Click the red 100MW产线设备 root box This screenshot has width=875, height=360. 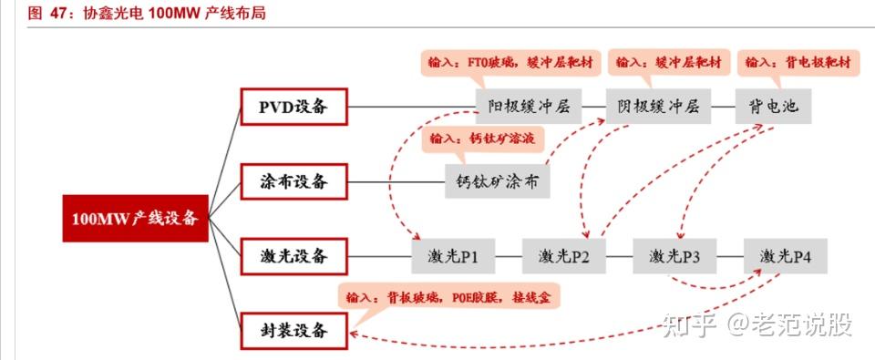pyautogui.click(x=135, y=218)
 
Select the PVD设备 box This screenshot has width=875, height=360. pyautogui.click(x=294, y=108)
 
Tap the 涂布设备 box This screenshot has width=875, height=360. pyautogui.click(x=294, y=181)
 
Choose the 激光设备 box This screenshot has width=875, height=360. pyautogui.click(x=294, y=255)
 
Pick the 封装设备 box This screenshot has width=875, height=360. pyautogui.click(x=294, y=330)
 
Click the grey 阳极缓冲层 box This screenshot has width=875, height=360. pyautogui.click(x=528, y=108)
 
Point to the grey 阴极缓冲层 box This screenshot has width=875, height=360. pyautogui.click(x=656, y=108)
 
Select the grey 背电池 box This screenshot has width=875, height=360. pyautogui.click(x=771, y=108)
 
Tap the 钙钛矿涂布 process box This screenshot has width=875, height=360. pyautogui.click(x=497, y=181)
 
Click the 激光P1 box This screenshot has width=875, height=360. pyautogui.click(x=452, y=256)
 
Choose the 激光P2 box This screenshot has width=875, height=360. pyautogui.click(x=563, y=256)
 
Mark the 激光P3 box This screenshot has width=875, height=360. pyautogui.click(x=674, y=256)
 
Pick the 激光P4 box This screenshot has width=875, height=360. pyautogui.click(x=785, y=256)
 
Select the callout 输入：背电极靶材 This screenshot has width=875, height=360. pyautogui.click(x=798, y=63)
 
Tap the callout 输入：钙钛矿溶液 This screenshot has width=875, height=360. pyautogui.click(x=481, y=139)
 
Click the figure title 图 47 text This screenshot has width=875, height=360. pyautogui.click(x=146, y=14)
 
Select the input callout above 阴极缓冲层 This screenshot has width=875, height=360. pyautogui.click(x=668, y=63)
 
